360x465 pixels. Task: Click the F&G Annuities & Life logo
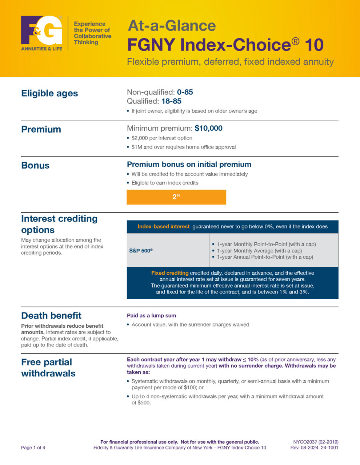tap(42, 33)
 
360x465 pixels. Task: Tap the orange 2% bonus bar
tap(176, 197)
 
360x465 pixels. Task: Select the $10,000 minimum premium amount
tap(208, 128)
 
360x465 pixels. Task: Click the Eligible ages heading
tap(49, 93)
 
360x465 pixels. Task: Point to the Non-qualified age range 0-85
tap(185, 92)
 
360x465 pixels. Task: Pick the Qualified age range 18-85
tap(171, 101)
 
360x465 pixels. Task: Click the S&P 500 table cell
tap(141, 250)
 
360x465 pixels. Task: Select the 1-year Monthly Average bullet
tap(259, 251)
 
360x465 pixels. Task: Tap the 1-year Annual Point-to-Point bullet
tap(265, 257)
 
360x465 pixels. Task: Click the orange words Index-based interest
tap(164, 227)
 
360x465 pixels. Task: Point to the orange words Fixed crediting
tap(170, 273)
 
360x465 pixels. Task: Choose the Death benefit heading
tap(51, 316)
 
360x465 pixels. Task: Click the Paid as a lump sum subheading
tap(151, 316)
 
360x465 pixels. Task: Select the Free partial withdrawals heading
tap(48, 368)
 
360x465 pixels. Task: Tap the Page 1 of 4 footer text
tap(33, 448)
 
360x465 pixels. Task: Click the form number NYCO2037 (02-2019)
tap(316, 442)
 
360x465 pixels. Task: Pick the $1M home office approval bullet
tap(184, 147)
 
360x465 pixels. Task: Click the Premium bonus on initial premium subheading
tap(189, 165)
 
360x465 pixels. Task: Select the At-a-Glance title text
tap(172, 26)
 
